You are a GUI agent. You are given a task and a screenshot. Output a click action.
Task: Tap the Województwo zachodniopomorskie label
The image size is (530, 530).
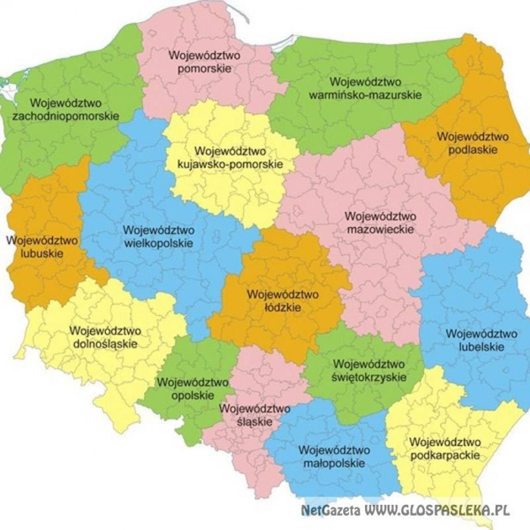66,108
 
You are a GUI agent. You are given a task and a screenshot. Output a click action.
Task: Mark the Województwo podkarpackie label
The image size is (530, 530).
444,448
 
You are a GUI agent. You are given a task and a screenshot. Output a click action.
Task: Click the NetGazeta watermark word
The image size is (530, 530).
330,511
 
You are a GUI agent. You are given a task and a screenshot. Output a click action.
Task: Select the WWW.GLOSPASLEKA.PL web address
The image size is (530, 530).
437,511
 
